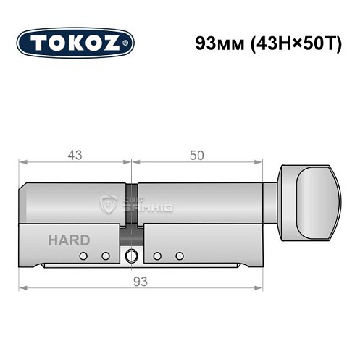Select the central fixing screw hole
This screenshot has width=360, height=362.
(130, 256)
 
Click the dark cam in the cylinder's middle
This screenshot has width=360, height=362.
(130, 210)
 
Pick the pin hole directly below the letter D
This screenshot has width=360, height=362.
(84, 256)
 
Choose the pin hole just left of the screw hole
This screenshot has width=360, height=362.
(105, 256)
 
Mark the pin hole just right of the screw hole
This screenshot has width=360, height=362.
(156, 256)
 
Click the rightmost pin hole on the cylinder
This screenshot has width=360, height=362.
(178, 256)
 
